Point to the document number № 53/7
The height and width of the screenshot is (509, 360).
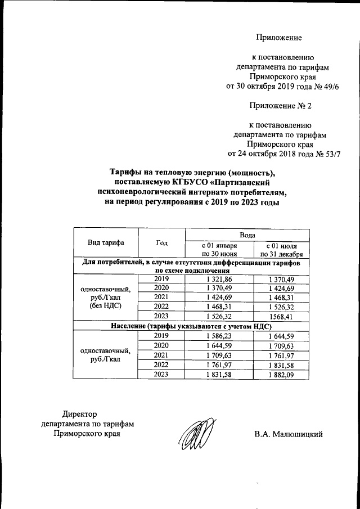click(328, 154)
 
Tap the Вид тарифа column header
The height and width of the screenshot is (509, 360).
click(106, 242)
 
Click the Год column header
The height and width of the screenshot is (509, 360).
click(162, 242)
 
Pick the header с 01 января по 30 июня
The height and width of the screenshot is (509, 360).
click(220, 250)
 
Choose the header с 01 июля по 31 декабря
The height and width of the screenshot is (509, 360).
click(282, 250)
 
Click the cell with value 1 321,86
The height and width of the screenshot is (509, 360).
click(220, 279)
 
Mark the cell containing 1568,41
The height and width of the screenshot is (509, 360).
click(282, 316)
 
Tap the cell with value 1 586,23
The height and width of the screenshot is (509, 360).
click(220, 335)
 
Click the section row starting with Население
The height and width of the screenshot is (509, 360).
click(191, 326)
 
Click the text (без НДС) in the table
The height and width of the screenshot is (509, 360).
click(106, 306)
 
